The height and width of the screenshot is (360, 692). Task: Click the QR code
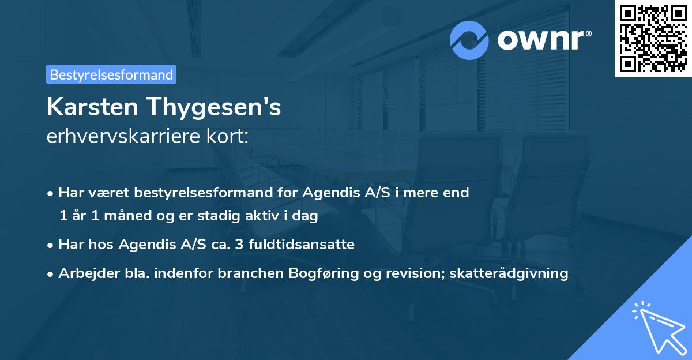653,38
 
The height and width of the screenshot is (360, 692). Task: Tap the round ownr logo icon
469,40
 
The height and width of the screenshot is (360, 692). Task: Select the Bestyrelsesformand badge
111,74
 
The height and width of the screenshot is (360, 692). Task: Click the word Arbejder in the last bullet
85,273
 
